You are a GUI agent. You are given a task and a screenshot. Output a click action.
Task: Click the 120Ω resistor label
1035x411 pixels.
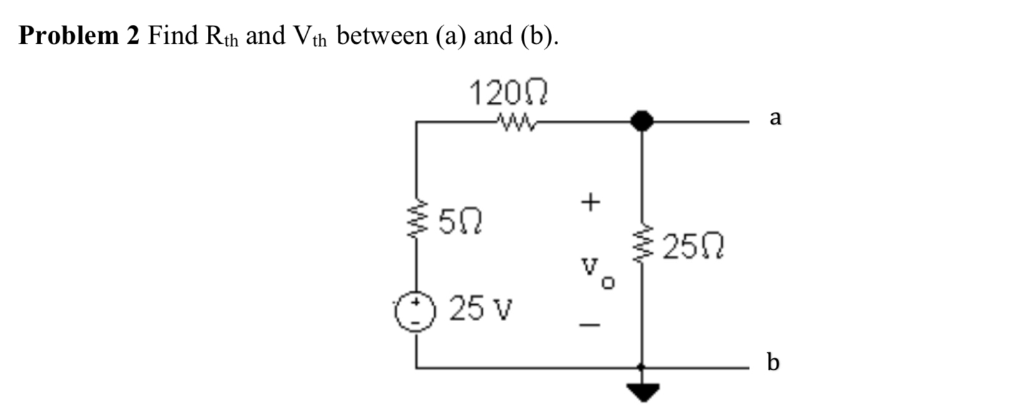click(508, 94)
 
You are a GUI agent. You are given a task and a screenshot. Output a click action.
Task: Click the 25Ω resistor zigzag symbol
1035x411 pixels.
click(641, 246)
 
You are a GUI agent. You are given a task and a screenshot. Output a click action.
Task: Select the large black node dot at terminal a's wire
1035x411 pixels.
click(641, 121)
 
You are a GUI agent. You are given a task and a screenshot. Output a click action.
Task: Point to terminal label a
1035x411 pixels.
click(775, 117)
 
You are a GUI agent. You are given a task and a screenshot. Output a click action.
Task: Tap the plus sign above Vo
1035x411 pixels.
click(589, 202)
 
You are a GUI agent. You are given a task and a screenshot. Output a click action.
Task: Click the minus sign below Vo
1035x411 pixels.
click(589, 325)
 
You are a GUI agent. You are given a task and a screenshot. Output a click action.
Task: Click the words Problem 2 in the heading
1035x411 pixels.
click(79, 36)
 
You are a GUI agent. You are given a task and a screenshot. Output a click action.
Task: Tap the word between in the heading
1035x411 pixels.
click(382, 36)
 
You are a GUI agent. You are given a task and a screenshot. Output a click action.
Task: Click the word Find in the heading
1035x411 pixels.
click(173, 36)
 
